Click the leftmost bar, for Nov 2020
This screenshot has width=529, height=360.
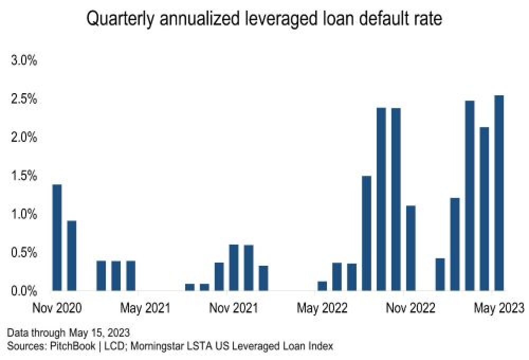[57, 238]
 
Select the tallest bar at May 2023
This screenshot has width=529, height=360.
[499, 193]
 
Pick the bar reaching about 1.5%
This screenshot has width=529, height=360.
[366, 233]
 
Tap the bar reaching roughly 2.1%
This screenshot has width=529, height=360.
[484, 209]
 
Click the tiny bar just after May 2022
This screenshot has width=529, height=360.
[322, 286]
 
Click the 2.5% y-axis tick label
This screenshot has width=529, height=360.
[24, 99]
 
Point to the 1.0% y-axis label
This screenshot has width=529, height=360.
[24, 214]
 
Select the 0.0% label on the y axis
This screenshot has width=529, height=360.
[24, 291]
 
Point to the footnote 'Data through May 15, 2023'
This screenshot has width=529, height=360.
[68, 333]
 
